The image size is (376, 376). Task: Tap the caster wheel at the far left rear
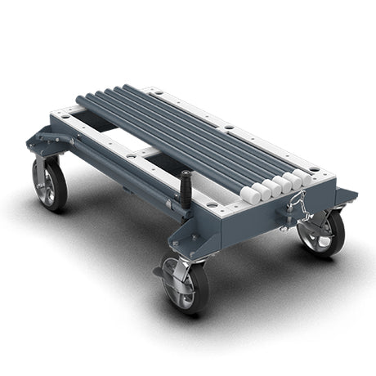50,183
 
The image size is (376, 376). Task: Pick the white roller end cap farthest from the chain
248,195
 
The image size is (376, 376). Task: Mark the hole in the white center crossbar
131,154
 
